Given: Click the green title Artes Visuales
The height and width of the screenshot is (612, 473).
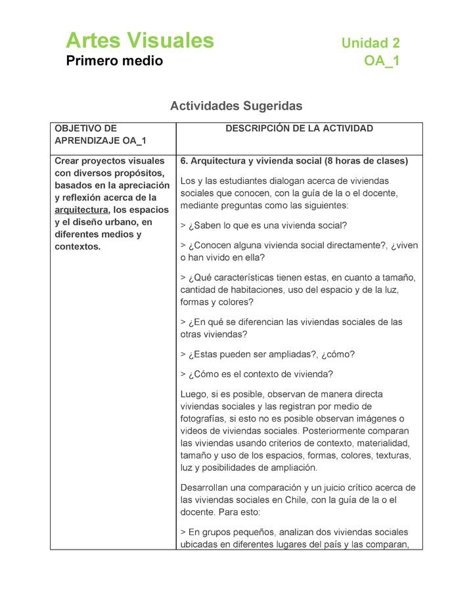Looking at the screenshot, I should [140, 41].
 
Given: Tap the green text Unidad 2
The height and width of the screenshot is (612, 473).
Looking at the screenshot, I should [370, 43].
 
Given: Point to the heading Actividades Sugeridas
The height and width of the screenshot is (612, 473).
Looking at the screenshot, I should [236, 106].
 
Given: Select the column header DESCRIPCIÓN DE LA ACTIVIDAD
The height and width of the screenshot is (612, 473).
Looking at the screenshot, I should [299, 129].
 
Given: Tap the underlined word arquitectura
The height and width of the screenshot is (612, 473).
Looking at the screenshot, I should [81, 209].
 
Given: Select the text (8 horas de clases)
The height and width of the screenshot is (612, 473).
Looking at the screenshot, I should [365, 161].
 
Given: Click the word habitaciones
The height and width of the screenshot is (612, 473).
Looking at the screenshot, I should [256, 290].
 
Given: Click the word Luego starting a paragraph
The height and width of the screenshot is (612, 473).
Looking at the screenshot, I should [194, 394].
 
